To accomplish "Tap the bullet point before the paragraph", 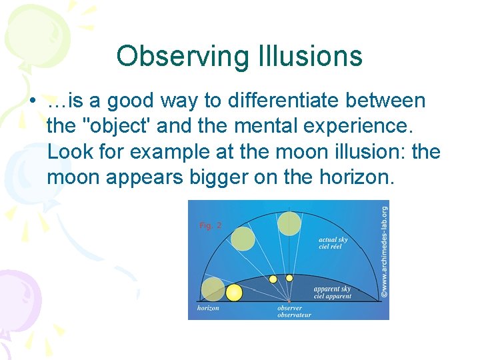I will [x=32, y=102].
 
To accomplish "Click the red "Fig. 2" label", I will [x=210, y=225].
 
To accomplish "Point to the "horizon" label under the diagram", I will [x=208, y=308].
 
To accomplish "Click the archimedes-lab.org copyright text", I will [x=384, y=250].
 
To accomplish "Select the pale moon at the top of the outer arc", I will [x=289, y=223].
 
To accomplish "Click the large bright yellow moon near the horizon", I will [x=234, y=292].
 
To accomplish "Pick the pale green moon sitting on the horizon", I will [x=213, y=289].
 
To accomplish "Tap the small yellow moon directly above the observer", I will [x=289, y=277].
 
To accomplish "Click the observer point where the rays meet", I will [x=289, y=301].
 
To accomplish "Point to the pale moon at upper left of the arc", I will [x=243, y=238].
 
